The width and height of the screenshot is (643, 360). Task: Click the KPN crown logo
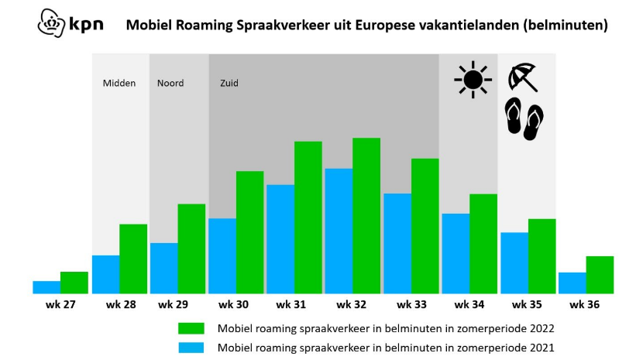[x=51, y=23]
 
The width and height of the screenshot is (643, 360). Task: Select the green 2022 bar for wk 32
[x=366, y=216]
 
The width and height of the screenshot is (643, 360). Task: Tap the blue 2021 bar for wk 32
[x=339, y=231]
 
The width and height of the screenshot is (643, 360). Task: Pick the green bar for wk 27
[x=74, y=283]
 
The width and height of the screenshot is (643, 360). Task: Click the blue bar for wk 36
[x=573, y=283]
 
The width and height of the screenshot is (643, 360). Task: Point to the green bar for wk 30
[x=249, y=232]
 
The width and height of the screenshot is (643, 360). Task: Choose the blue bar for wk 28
[x=106, y=275]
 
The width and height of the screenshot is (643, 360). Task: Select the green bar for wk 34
[x=483, y=244]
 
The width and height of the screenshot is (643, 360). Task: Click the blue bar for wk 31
[x=280, y=239]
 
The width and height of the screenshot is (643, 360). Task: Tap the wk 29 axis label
[x=173, y=305]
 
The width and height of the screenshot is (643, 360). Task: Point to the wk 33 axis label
[x=411, y=305]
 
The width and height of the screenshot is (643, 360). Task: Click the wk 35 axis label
[x=527, y=305]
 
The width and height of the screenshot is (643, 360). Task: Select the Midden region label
[x=119, y=84]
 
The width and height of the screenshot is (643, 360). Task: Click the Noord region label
[x=170, y=84]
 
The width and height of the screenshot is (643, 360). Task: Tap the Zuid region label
[x=229, y=84]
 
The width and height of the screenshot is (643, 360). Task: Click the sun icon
[x=473, y=80]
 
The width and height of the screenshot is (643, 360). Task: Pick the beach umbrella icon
[x=523, y=77]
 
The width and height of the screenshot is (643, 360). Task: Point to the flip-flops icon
[x=524, y=119]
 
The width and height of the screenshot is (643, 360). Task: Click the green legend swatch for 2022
[x=191, y=328]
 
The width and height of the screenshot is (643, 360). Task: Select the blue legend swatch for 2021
[x=191, y=348]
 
